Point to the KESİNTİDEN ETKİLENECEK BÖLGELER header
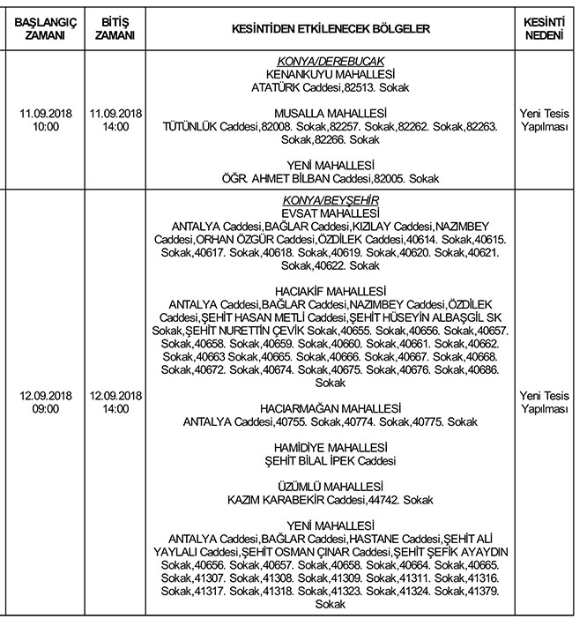[331, 29]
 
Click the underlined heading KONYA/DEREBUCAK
[331, 61]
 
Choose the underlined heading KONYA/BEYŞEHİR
[331, 201]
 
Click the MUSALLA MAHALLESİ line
[331, 114]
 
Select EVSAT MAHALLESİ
[331, 213]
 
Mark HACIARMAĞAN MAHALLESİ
[331, 409]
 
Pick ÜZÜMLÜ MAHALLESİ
[331, 487]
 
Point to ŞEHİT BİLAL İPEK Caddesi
[331, 461]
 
